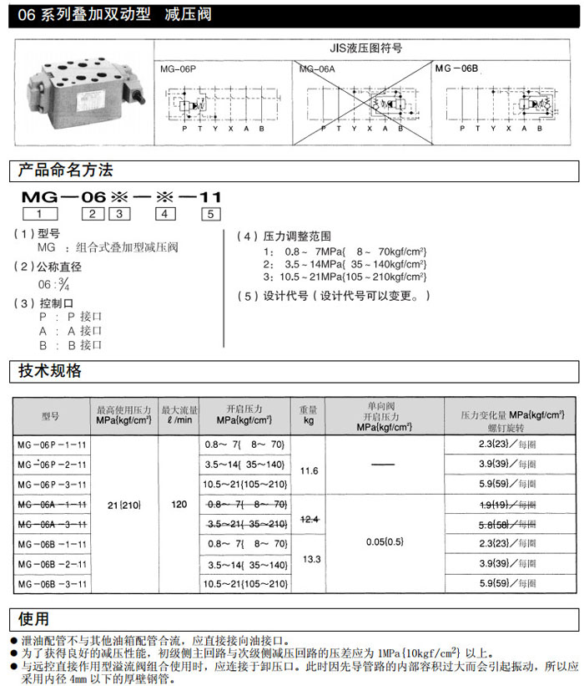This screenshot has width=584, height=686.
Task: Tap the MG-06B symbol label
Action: [x=456, y=67]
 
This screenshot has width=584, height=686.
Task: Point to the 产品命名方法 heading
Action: [x=66, y=170]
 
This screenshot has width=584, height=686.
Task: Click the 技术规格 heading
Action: [x=51, y=371]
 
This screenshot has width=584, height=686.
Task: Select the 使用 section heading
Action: [x=34, y=618]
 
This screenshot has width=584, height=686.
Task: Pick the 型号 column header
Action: [x=51, y=415]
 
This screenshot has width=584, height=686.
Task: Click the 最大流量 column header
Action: [x=179, y=415]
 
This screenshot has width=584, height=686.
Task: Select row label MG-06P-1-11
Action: [x=51, y=444]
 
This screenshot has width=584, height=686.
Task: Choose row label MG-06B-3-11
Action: [x=51, y=583]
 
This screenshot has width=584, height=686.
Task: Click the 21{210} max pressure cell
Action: [x=124, y=505]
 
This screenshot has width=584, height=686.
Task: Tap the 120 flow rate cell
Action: [x=179, y=505]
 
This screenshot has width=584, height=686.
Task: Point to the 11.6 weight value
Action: [x=309, y=471]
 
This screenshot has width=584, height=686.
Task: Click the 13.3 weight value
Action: [x=309, y=559]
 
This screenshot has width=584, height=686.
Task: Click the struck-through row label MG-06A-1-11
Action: [x=51, y=505]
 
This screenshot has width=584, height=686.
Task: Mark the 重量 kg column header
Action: [x=309, y=415]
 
